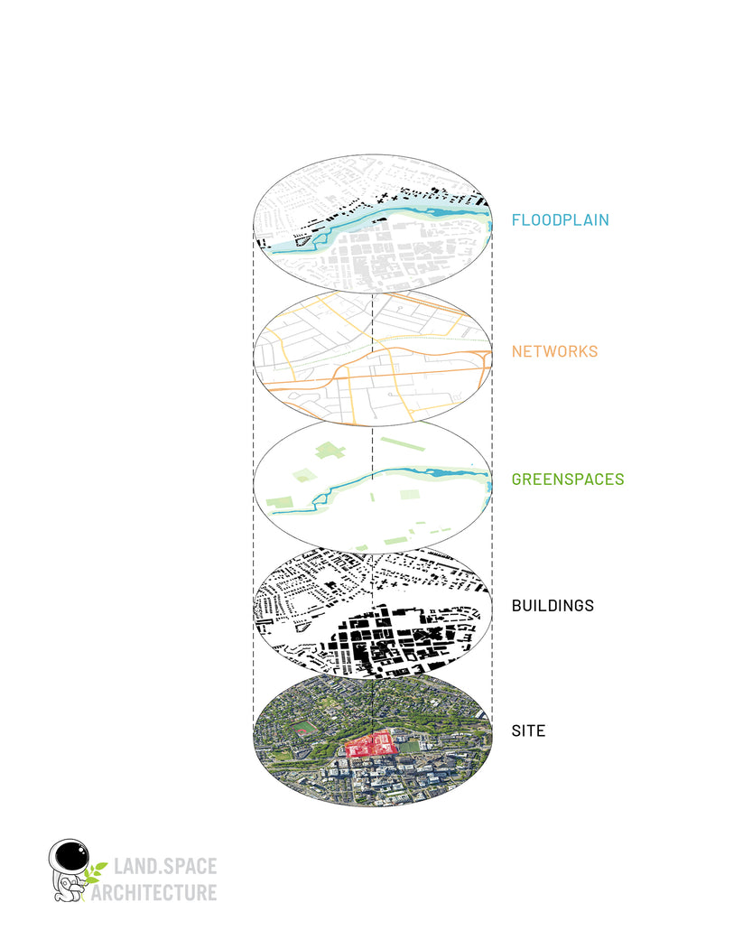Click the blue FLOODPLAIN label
560,219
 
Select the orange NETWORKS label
554,351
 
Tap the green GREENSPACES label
567,479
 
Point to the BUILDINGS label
553,605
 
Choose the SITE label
528,731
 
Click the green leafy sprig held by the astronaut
94,871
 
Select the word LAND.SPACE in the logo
164,868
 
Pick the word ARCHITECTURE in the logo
164,892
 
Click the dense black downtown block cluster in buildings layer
388,637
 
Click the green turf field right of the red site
410,747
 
